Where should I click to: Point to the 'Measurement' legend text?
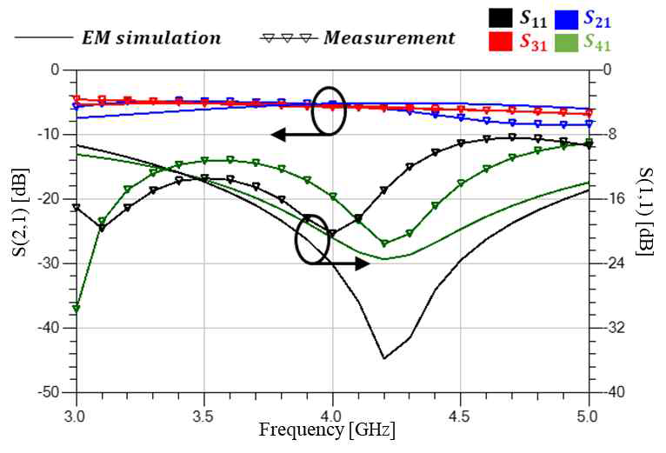[389, 38]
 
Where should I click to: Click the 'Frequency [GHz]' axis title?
[328, 429]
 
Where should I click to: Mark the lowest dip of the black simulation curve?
[384, 357]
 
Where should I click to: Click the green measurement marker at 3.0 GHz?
[77, 309]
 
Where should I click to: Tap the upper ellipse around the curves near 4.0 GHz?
[330, 110]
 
